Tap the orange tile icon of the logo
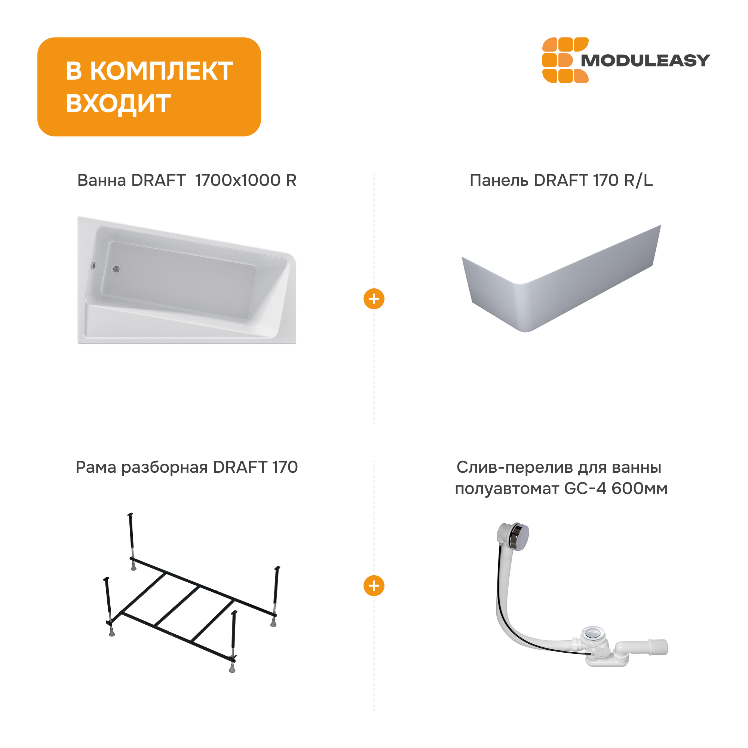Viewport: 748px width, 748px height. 565,60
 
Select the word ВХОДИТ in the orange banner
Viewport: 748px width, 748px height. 118,103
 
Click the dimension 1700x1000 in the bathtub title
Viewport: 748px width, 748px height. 238,180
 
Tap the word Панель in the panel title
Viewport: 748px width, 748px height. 499,180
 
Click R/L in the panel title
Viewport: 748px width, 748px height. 638,180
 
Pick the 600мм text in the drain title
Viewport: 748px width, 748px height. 640,488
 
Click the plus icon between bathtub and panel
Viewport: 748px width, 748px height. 374,299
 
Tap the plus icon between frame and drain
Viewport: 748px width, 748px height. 374,586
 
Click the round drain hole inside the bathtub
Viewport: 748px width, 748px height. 116,269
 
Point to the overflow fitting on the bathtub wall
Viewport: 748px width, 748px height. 93,265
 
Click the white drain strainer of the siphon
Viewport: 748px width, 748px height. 593,634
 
